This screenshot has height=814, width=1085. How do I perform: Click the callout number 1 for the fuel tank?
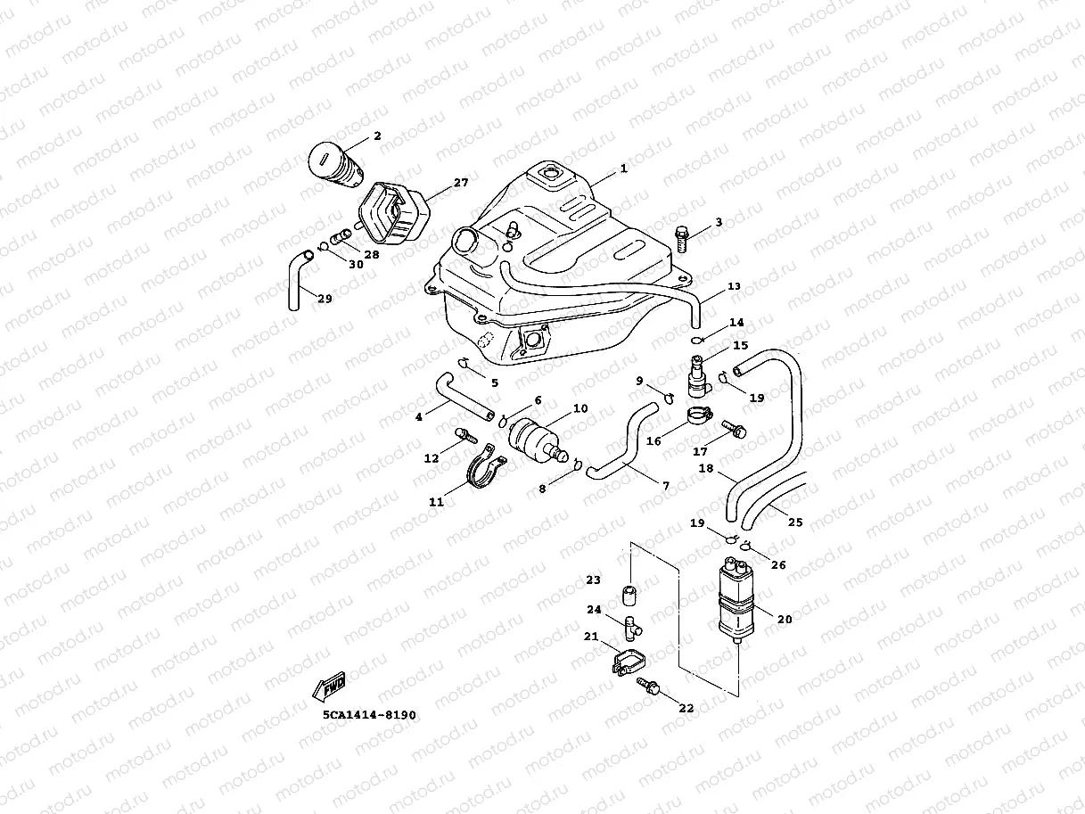pos(623,169)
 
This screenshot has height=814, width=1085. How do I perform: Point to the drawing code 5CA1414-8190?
pos(369,715)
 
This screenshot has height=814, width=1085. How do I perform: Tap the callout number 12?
pos(431,459)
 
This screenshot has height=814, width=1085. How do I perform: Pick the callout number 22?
pos(686,709)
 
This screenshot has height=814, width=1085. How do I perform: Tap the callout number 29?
pos(325,300)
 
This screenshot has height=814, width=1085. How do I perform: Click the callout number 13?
pos(734,287)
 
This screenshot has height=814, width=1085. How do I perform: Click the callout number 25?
pos(795,522)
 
